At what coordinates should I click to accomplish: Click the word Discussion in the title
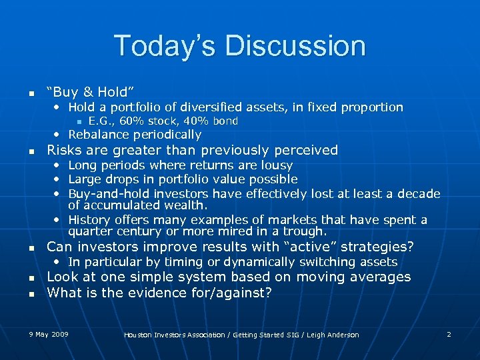[x=295, y=46]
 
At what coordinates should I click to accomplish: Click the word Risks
[x=65, y=150]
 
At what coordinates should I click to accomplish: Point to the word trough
[x=305, y=232]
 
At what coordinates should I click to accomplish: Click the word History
[x=91, y=220]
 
